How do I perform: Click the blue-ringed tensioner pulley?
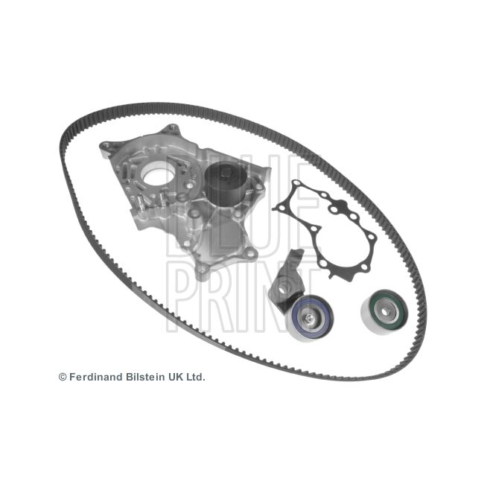(309, 319)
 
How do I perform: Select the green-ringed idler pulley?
(385, 312)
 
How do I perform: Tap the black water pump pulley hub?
(226, 180)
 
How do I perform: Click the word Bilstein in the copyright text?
(145, 377)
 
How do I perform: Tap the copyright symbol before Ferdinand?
(63, 378)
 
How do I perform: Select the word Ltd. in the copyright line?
(195, 377)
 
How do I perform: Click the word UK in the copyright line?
(175, 377)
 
